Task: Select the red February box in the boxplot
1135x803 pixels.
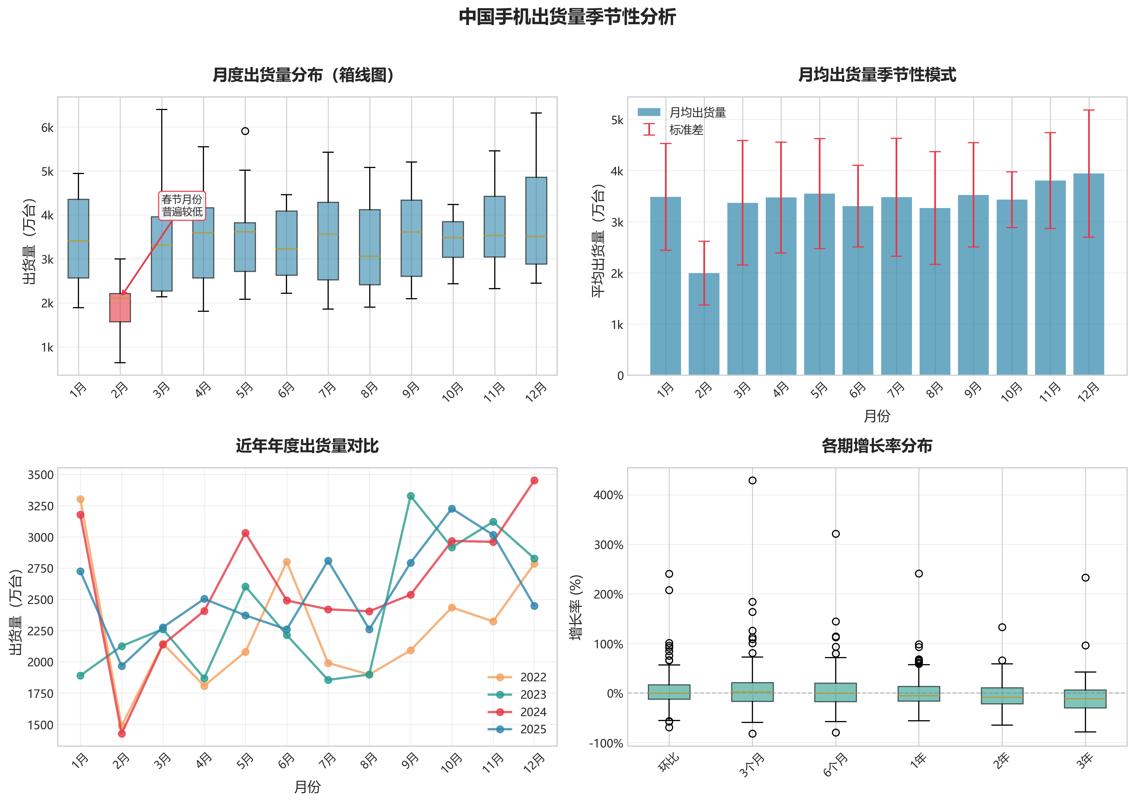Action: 120,307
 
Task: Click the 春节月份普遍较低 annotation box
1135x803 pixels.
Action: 182,206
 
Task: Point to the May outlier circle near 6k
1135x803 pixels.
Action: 245,131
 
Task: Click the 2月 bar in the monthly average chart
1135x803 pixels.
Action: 704,324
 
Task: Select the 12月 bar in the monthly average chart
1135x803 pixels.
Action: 1088,274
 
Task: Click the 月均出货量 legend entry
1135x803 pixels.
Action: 697,113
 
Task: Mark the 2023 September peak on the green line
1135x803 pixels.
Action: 410,496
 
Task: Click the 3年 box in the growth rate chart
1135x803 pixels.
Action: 1085,699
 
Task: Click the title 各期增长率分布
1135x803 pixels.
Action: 877,446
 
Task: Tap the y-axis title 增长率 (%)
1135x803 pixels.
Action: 576,607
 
